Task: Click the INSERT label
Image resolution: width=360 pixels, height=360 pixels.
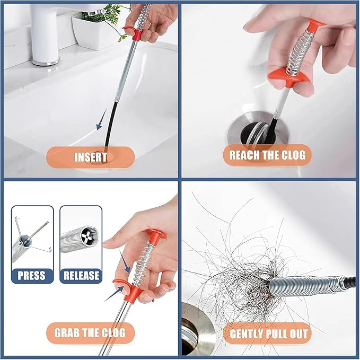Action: (90, 157)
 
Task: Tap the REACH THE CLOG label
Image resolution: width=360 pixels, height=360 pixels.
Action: (267, 155)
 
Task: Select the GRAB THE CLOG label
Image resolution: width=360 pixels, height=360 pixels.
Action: (90, 333)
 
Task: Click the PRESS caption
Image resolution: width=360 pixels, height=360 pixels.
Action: (32, 276)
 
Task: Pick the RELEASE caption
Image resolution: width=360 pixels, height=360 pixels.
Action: (81, 276)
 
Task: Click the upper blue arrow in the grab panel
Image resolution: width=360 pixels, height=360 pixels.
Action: (127, 260)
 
